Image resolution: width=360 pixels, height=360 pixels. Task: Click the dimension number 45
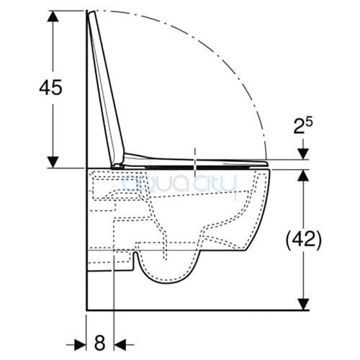click(x=50, y=87)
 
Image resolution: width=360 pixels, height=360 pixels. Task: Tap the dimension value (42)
click(x=303, y=240)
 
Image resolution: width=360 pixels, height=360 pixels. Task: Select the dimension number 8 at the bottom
click(x=99, y=343)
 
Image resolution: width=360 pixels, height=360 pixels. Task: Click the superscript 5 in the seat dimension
click(x=310, y=123)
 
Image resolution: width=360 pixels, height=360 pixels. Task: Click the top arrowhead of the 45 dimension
click(x=53, y=17)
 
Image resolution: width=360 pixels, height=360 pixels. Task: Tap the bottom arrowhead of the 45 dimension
click(x=53, y=162)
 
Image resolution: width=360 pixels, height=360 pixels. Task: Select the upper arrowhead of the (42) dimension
click(x=303, y=175)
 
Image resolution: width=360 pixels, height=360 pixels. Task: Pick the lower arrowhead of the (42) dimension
click(x=303, y=305)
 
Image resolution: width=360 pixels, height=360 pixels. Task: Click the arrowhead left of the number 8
click(x=81, y=345)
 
